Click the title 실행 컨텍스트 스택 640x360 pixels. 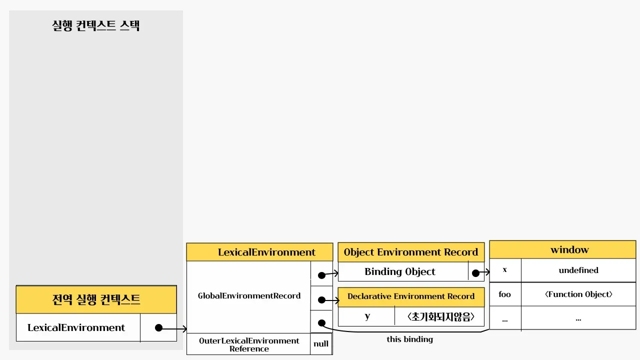[96, 25]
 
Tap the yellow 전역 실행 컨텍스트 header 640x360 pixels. [96, 299]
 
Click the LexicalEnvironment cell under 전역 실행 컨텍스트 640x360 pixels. [76, 328]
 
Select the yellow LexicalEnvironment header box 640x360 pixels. [259, 252]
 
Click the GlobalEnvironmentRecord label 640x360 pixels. [249, 296]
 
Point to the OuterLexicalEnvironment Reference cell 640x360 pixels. [249, 344]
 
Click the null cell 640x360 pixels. [321, 344]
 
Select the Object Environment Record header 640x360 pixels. [411, 252]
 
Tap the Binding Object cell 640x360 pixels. [400, 272]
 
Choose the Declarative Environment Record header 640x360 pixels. [411, 296]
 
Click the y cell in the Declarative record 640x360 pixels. [367, 316]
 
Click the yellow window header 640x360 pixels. [562, 249]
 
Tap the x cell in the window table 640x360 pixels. [505, 270]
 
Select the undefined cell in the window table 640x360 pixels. [578, 270]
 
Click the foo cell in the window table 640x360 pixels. [505, 294]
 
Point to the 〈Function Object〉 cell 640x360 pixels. [578, 294]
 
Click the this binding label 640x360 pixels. [410, 339]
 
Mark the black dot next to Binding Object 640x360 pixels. [475, 273]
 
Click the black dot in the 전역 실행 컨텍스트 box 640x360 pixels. [158, 328]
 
